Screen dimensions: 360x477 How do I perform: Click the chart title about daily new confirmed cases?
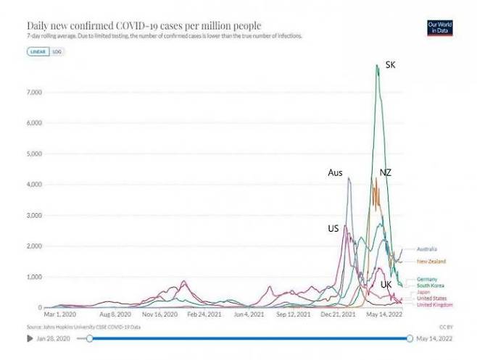(139, 25)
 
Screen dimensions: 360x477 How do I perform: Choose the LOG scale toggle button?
(55, 52)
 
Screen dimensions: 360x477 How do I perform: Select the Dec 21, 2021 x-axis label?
(339, 315)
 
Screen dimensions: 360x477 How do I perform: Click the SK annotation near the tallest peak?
(391, 65)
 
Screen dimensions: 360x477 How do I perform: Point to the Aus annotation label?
(335, 172)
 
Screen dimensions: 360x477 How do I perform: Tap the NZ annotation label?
(386, 172)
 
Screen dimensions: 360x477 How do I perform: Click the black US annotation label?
(333, 228)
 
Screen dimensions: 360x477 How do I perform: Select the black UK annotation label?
(386, 285)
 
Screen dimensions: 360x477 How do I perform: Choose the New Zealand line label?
(431, 261)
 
